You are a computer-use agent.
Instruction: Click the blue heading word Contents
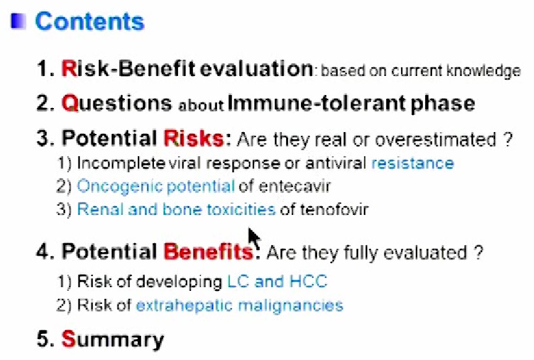[x=90, y=22]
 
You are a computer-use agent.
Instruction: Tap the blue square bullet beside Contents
[x=19, y=21]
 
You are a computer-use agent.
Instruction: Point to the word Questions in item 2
[x=116, y=104]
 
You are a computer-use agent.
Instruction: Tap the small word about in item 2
[x=201, y=106]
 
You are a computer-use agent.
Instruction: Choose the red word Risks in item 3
[x=193, y=139]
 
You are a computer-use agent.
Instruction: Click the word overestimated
[x=435, y=140]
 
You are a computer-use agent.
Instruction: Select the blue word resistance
[x=412, y=163]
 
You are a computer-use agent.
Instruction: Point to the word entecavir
[x=295, y=186]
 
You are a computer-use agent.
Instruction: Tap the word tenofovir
[x=334, y=209]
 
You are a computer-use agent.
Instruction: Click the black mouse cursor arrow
[x=253, y=238]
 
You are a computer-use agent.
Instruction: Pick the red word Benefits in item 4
[x=208, y=252]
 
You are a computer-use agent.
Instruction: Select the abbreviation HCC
[x=308, y=282]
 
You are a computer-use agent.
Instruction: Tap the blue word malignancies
[x=290, y=306]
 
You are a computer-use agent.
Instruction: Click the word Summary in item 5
[x=112, y=340]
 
